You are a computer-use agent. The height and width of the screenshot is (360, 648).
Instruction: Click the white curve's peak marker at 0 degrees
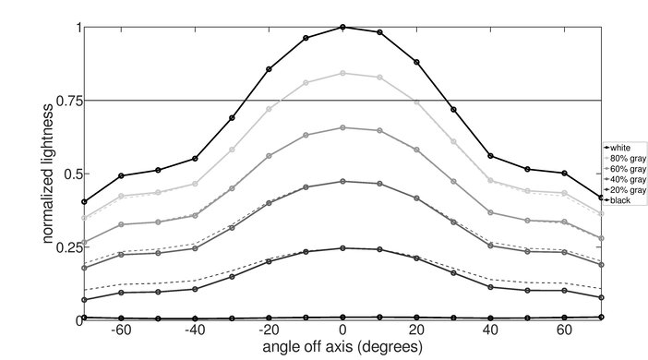(342, 27)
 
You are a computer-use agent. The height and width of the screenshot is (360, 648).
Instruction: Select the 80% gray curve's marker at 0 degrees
(342, 73)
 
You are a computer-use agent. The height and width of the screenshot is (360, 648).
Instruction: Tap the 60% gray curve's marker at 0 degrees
(342, 127)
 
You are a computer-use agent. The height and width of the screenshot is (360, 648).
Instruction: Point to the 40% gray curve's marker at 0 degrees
(342, 181)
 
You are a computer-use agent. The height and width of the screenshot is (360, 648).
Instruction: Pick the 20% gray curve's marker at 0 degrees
(342, 247)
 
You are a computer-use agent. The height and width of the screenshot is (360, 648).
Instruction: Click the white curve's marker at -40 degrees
(195, 159)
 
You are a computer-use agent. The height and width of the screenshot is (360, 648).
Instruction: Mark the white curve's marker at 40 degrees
(490, 156)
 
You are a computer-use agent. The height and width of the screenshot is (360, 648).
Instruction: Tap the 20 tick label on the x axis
(416, 331)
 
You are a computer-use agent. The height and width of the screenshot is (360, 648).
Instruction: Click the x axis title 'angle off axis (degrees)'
(342, 348)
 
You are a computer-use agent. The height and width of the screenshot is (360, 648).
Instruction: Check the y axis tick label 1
(77, 28)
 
